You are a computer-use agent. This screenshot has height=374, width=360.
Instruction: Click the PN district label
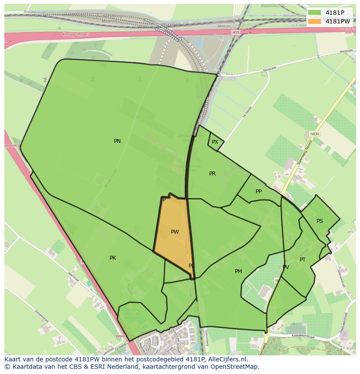pyautogui.click(x=117, y=141)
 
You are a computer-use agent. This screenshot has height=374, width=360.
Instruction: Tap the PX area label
pyautogui.click(x=215, y=142)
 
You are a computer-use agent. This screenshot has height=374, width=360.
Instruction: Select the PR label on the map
pyautogui.click(x=212, y=174)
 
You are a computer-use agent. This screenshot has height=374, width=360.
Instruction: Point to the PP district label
pyautogui.click(x=259, y=192)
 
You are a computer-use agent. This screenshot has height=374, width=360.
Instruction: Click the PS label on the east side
pyautogui.click(x=320, y=221)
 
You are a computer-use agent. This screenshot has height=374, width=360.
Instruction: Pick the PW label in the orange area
pyautogui.click(x=175, y=232)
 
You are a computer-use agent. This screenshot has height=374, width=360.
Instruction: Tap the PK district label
pyautogui.click(x=113, y=258)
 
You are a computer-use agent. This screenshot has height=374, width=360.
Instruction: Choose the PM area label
pyautogui.click(x=238, y=271)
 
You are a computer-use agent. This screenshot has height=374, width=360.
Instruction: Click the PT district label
pyautogui.click(x=303, y=260)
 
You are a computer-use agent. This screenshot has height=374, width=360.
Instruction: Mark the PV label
pyautogui.click(x=286, y=267)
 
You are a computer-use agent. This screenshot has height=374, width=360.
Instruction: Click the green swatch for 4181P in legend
pyautogui.click(x=314, y=13)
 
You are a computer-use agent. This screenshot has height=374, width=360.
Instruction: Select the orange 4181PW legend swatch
pyautogui.click(x=314, y=21)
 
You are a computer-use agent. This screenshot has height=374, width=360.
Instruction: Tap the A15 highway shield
pyautogui.click(x=236, y=32)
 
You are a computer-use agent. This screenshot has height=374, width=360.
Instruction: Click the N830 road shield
pyautogui.click(x=314, y=134)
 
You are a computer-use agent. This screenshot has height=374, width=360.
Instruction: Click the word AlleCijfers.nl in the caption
pyautogui.click(x=227, y=360)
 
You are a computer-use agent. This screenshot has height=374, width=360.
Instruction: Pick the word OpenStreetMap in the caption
pyautogui.click(x=235, y=367)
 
